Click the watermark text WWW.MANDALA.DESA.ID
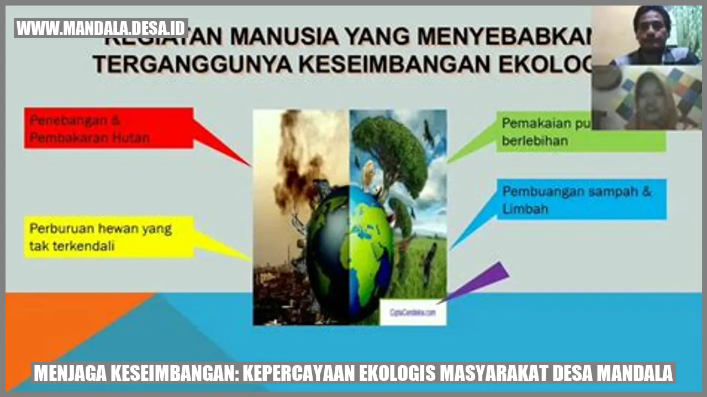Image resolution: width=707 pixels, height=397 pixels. click(101, 28)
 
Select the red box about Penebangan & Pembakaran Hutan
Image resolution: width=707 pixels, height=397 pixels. click(109, 128)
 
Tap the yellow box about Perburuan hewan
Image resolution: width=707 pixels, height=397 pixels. click(109, 237)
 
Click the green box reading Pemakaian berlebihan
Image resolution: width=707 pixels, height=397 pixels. click(580, 132)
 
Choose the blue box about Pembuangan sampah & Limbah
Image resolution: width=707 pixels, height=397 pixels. click(581, 200)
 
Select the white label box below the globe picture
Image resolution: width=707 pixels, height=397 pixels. click(413, 312)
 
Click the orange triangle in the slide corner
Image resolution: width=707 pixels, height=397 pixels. click(55, 326)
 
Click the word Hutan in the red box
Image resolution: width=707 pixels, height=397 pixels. click(130, 138)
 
